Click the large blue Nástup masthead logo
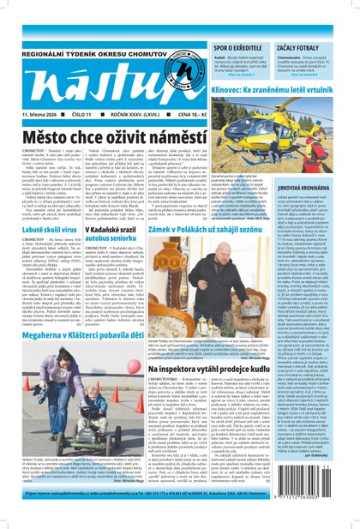[86, 73]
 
